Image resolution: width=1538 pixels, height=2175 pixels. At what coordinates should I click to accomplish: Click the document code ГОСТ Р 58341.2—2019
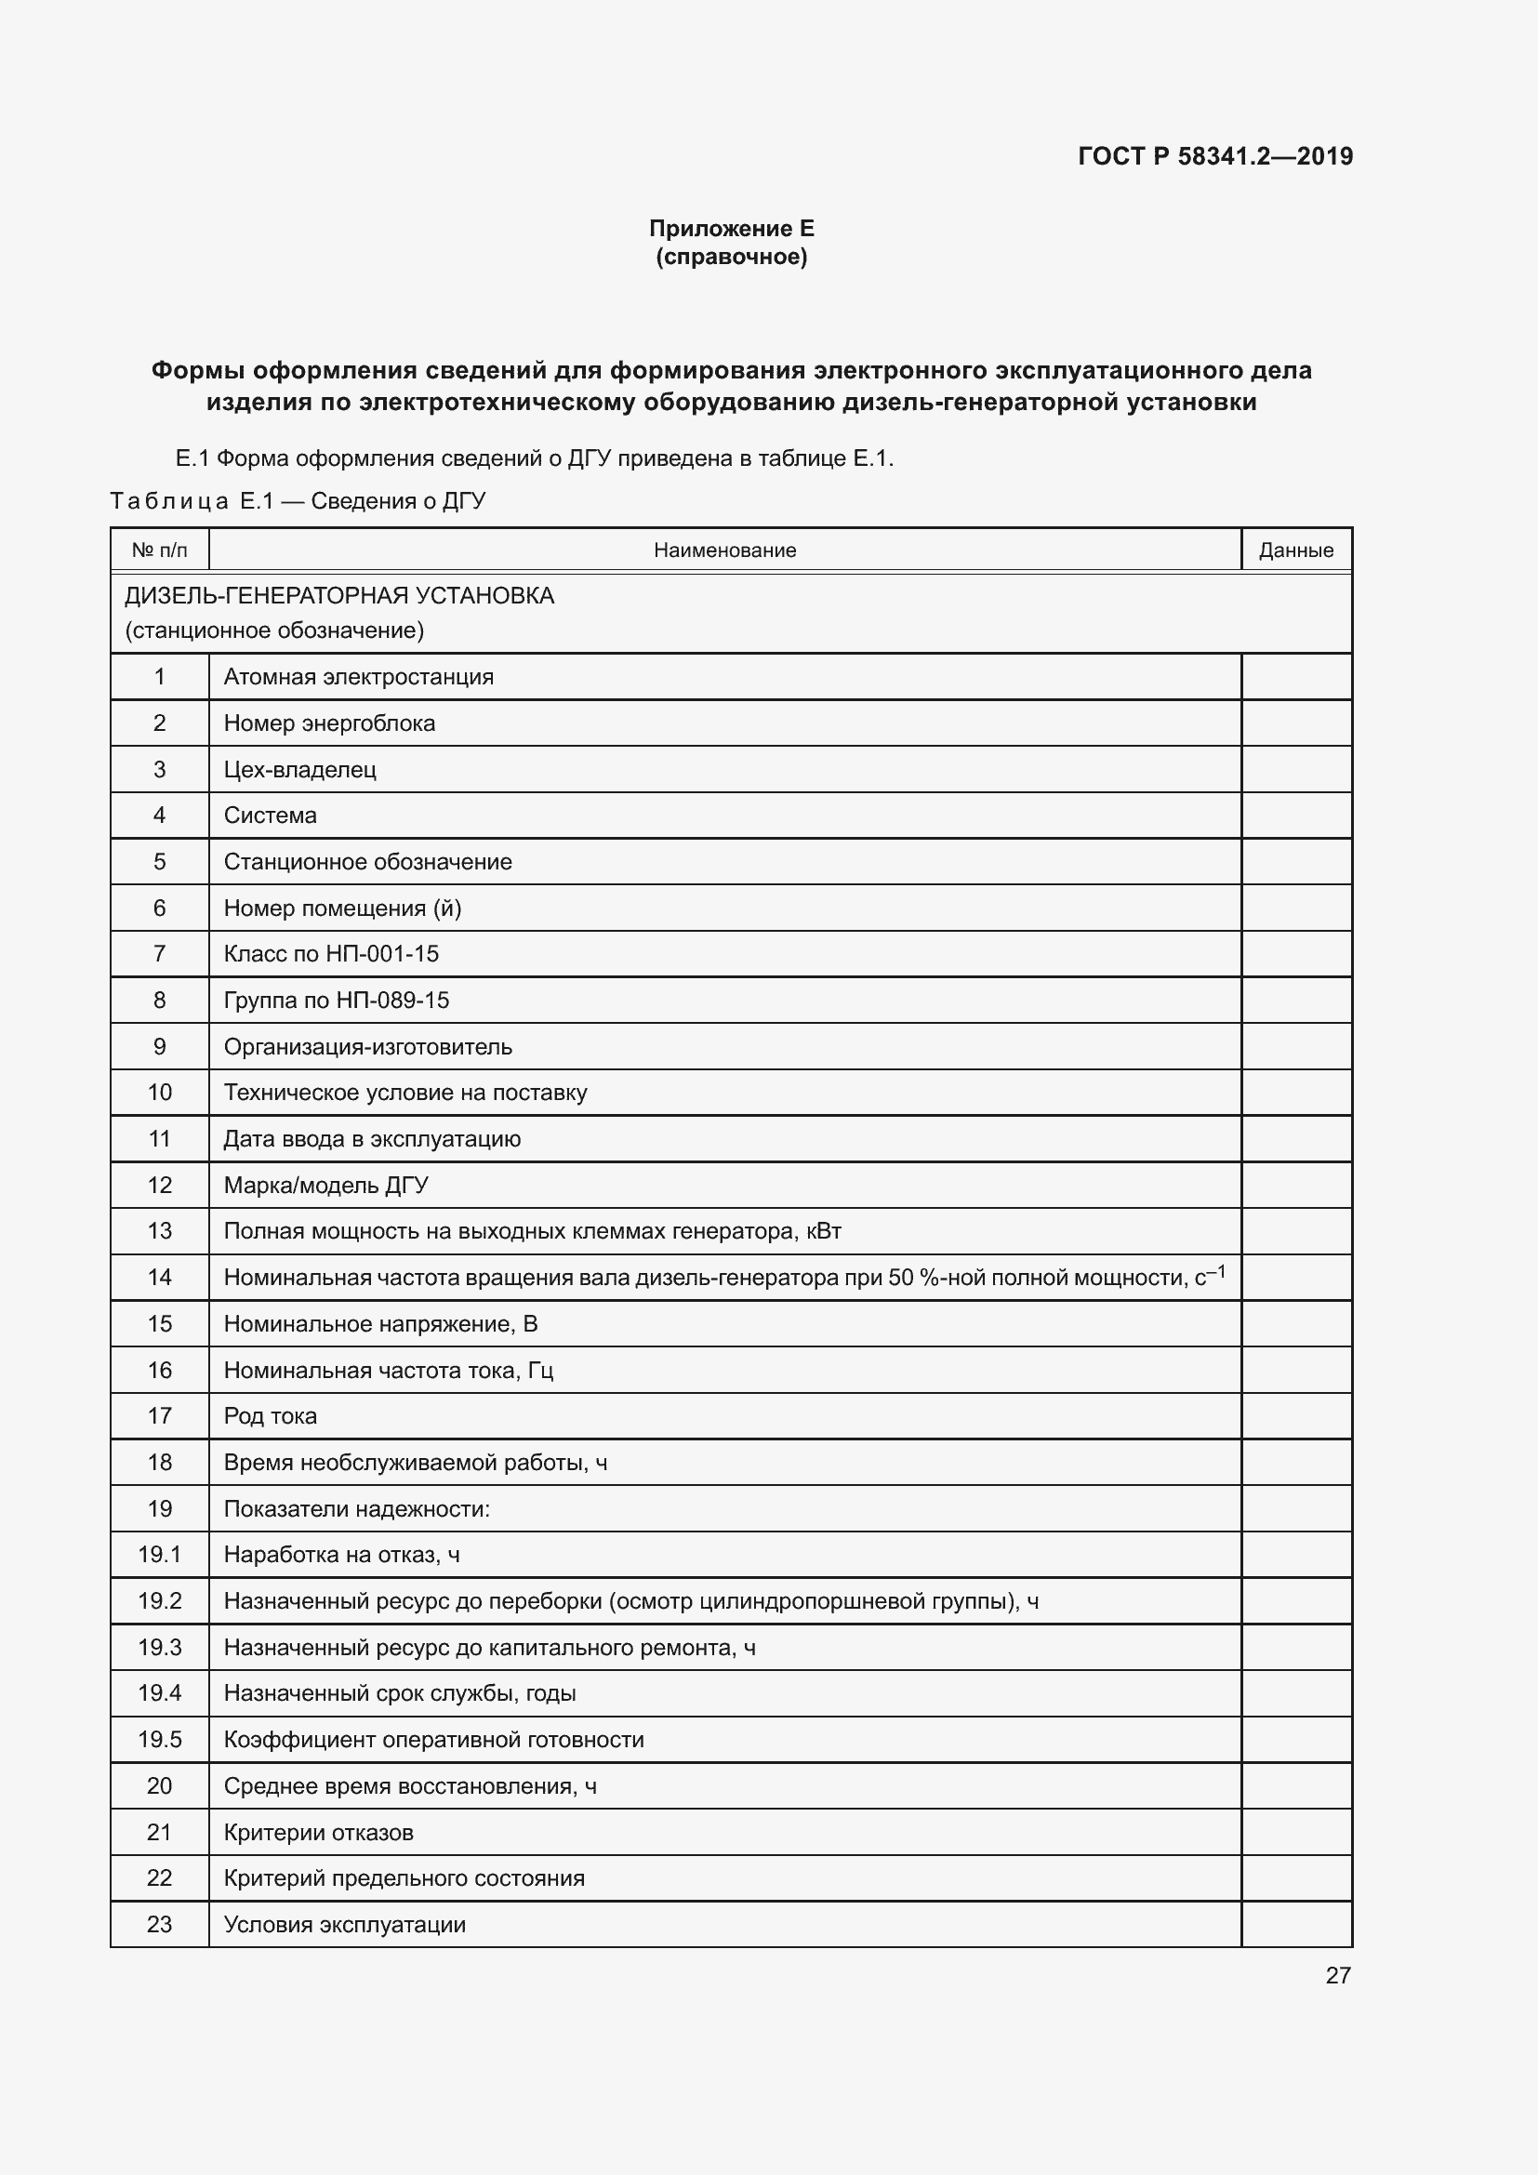coord(1215,156)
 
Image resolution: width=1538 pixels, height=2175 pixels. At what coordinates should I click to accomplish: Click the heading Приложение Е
coord(731,229)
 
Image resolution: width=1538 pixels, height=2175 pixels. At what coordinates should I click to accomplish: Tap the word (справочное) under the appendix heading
coord(731,257)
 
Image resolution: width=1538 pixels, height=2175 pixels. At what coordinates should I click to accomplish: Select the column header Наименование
coord(724,550)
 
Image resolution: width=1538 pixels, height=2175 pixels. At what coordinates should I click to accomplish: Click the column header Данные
coord(1295,550)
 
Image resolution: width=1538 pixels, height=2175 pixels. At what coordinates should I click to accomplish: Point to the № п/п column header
coord(159,550)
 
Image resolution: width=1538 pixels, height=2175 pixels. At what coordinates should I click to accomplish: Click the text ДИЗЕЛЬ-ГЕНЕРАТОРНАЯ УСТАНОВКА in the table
coord(339,596)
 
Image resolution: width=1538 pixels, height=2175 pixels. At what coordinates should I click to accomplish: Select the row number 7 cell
coord(159,954)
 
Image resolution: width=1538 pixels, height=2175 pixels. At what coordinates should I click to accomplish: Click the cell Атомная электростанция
coord(358,677)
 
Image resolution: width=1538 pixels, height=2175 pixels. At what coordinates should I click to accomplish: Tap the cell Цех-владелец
coord(299,769)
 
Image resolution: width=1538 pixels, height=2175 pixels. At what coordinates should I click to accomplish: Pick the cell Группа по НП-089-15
coord(337,1001)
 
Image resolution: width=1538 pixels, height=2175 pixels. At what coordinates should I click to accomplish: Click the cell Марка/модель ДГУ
coord(325,1185)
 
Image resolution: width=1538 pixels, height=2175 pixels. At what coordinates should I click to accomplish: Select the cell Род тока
coord(270,1416)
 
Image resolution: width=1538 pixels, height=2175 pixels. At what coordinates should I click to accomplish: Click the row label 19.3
coord(159,1648)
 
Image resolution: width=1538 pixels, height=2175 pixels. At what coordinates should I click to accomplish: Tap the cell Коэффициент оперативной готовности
coord(433,1739)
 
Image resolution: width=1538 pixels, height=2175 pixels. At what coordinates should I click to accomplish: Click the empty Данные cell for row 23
coord(1295,1924)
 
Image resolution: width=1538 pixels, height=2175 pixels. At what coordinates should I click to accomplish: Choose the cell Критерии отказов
coord(318,1832)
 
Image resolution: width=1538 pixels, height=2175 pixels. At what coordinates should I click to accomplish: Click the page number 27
coord(1337,1975)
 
